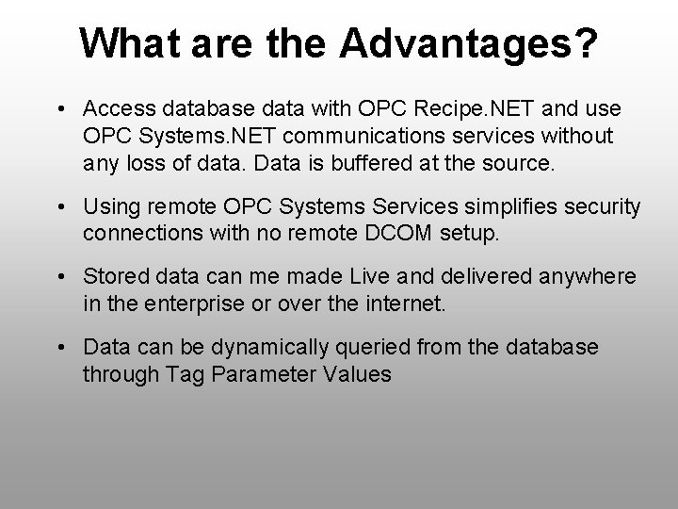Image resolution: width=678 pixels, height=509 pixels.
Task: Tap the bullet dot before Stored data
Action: (60, 277)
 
